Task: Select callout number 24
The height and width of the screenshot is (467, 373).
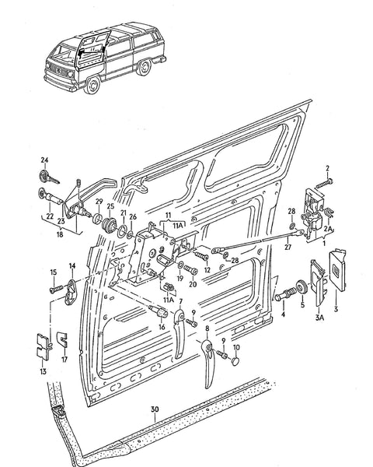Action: click(x=44, y=161)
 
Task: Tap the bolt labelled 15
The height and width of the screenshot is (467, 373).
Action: click(x=58, y=288)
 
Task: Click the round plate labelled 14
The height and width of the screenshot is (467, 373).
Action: click(x=71, y=289)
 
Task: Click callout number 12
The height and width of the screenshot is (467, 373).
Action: click(x=207, y=269)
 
